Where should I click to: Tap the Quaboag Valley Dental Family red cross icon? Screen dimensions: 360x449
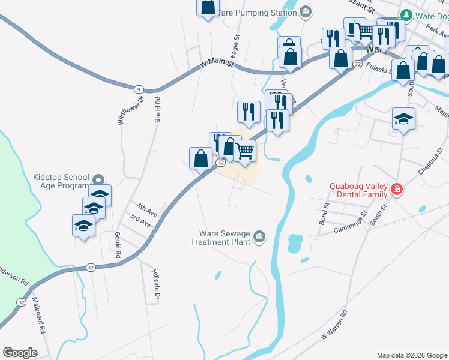(x=396, y=190)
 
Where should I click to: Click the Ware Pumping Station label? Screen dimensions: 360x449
(x=258, y=11)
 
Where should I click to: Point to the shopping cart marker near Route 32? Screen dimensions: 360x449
(x=244, y=151)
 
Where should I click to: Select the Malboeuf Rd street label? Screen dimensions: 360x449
(x=40, y=316)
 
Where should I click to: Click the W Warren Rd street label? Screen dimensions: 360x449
(x=335, y=325)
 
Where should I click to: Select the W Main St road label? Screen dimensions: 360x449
(x=217, y=62)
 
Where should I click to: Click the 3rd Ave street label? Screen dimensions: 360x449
(x=140, y=221)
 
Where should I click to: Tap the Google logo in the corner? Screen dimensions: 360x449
(x=20, y=353)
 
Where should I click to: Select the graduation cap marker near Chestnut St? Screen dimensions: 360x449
(x=403, y=119)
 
